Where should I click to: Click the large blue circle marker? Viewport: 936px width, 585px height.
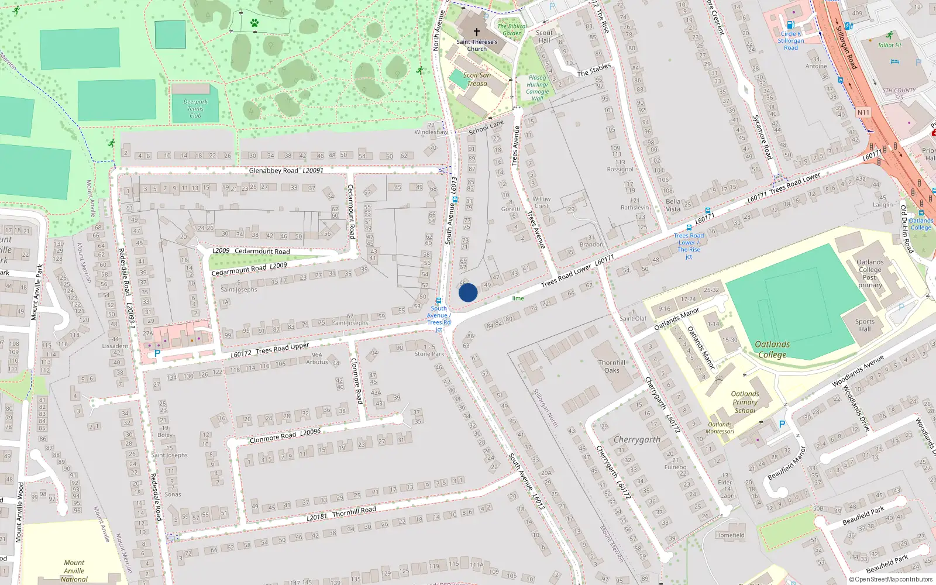tap(468, 292)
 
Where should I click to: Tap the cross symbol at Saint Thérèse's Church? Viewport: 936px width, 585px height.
tap(477, 32)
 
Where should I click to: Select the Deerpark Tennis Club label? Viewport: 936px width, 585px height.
tap(195, 109)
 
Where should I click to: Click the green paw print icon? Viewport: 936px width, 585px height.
tap(254, 23)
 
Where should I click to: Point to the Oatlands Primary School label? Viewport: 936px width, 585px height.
tap(745, 402)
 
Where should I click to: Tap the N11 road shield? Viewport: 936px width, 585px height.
tap(863, 112)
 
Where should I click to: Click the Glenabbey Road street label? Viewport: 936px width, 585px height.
tap(273, 171)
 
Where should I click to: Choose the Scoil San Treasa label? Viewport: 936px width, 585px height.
tap(477, 79)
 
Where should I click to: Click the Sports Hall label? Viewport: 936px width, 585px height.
tap(865, 325)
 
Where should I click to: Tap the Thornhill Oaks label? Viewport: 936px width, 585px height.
tap(612, 366)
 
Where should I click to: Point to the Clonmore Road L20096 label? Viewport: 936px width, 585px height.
tap(285, 436)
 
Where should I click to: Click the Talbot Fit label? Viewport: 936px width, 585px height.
tap(890, 45)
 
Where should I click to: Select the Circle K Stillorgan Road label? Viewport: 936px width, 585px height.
tap(791, 41)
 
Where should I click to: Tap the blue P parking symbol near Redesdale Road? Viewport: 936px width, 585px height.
tap(157, 353)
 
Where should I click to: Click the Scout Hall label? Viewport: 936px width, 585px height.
tap(544, 36)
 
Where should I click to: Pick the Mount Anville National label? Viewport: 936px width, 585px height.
tap(74, 571)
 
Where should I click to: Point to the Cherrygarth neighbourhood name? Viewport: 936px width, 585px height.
tap(637, 439)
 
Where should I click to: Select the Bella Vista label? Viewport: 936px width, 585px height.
tap(673, 205)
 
